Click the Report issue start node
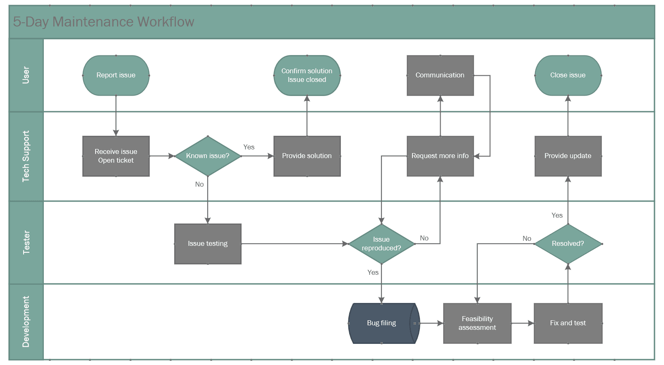[116, 75]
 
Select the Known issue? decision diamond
[208, 156]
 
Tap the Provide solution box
[307, 156]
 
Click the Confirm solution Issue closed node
[307, 75]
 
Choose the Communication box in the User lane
[440, 75]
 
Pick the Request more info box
[440, 156]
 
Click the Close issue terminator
[568, 75]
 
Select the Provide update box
[568, 156]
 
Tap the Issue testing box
[208, 244]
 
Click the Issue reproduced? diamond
[381, 244]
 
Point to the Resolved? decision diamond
[568, 244]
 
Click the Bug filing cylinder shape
[381, 323]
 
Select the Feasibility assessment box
[477, 323]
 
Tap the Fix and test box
[568, 323]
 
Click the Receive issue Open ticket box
[116, 156]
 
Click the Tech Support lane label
[26, 156]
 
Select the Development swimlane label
[26, 322]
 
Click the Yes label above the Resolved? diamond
[557, 215]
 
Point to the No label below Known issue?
[199, 184]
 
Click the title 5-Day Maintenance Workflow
[103, 22]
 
